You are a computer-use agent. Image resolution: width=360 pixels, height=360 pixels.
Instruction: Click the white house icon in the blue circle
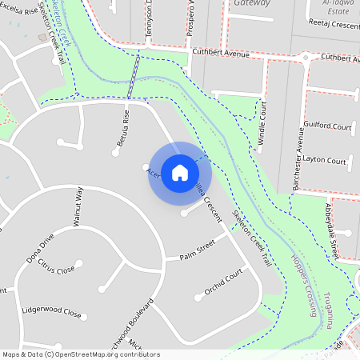click(180, 172)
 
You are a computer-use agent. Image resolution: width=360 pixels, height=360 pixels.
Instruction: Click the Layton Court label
click(325, 160)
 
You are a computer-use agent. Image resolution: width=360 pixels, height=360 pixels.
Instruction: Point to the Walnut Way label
click(78, 208)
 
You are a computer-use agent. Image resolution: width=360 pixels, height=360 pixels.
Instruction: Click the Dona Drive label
click(40, 249)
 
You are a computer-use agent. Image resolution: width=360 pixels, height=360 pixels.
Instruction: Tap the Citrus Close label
click(56, 269)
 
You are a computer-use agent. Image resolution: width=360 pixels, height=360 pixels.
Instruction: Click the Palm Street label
click(198, 254)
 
